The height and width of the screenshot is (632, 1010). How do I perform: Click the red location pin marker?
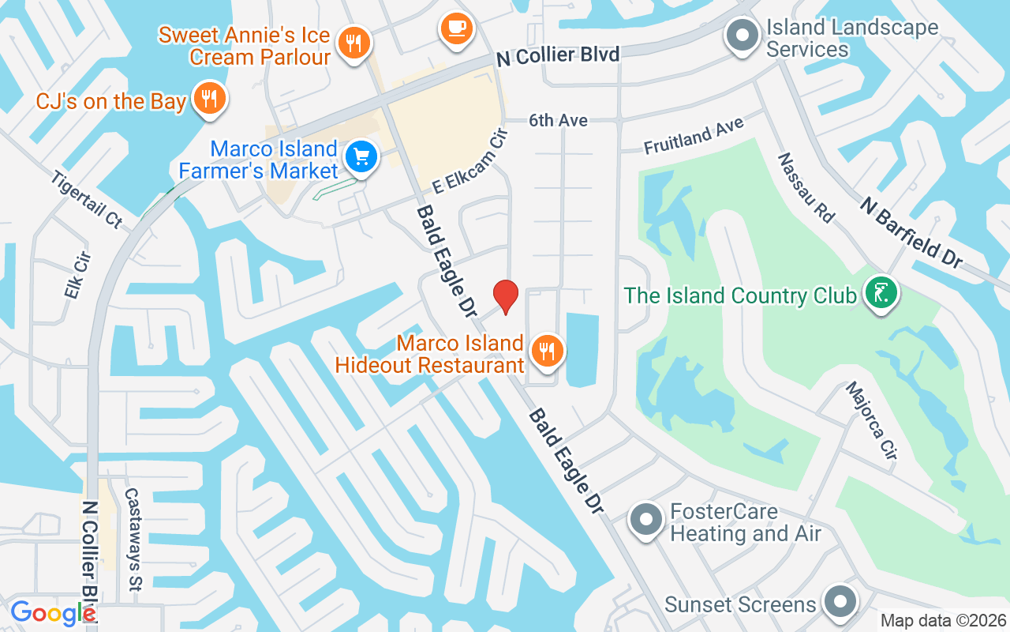click(505, 297)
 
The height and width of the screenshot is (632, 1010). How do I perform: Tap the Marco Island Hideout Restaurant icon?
click(545, 350)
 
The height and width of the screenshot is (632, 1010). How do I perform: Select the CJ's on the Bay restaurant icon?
click(209, 99)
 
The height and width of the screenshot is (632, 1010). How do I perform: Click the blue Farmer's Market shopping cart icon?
click(362, 156)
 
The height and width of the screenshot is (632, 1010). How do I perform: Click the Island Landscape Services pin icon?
click(742, 36)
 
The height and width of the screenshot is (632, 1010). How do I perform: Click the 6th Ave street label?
click(559, 120)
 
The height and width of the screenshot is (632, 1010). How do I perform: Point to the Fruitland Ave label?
click(694, 136)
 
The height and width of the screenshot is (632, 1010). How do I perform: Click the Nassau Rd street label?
click(806, 187)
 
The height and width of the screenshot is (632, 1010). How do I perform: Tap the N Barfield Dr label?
click(911, 232)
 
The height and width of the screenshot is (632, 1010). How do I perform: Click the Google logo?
click(53, 613)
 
